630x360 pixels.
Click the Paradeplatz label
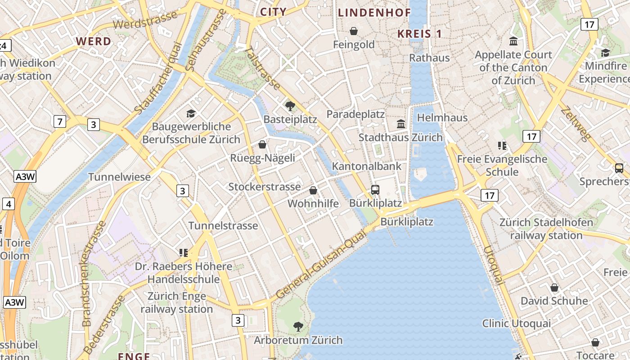(355, 114)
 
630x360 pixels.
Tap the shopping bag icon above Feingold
(354, 31)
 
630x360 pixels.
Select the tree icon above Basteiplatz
(290, 106)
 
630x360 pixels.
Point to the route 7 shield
(59, 121)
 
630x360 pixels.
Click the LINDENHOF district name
(374, 13)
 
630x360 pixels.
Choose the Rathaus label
(429, 58)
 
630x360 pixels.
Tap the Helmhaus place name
(442, 118)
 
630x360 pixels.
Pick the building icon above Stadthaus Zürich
(401, 124)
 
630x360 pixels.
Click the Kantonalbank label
(366, 166)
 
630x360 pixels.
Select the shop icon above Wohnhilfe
(313, 190)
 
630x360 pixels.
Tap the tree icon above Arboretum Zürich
(298, 326)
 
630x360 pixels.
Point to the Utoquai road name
(493, 265)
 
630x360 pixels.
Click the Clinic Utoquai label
(516, 324)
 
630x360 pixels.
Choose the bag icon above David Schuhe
(554, 287)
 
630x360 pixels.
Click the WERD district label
(93, 41)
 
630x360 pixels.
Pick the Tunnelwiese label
(119, 177)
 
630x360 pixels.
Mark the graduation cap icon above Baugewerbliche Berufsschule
(191, 113)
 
